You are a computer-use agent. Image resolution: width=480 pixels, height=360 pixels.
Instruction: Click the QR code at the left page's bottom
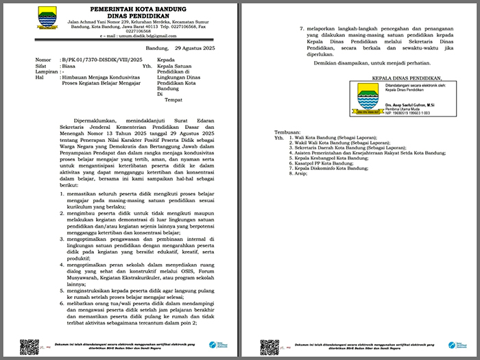tap(29, 346)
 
